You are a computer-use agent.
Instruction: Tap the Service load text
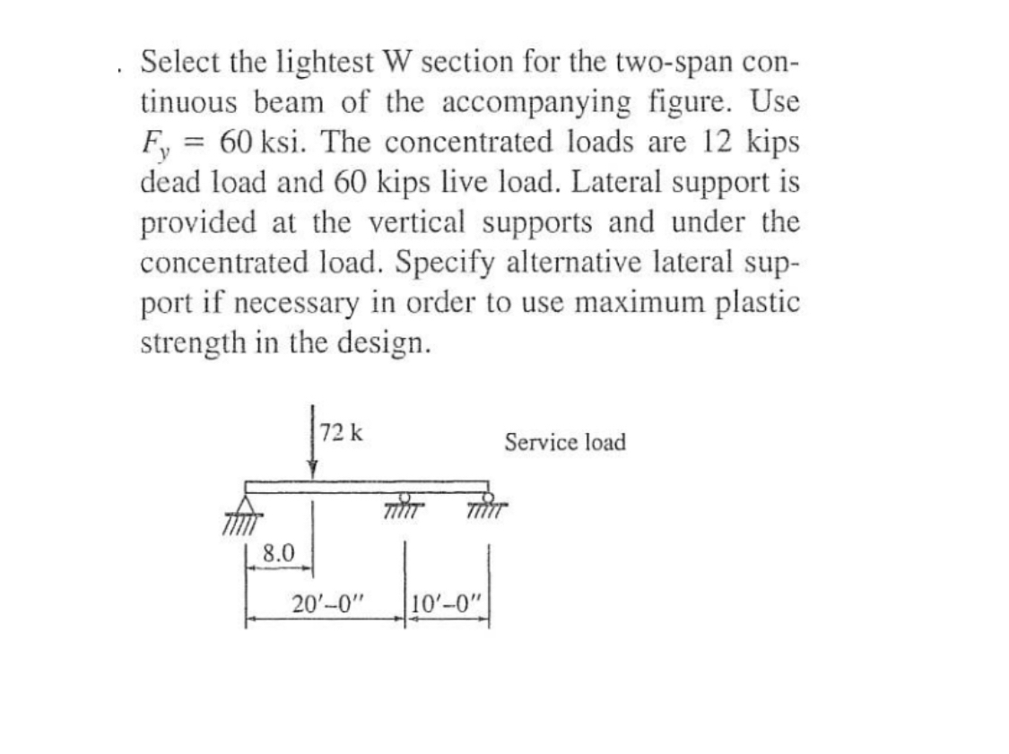pyautogui.click(x=564, y=442)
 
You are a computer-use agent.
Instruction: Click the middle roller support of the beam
pyautogui.click(x=404, y=500)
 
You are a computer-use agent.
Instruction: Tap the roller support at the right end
pyautogui.click(x=487, y=500)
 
